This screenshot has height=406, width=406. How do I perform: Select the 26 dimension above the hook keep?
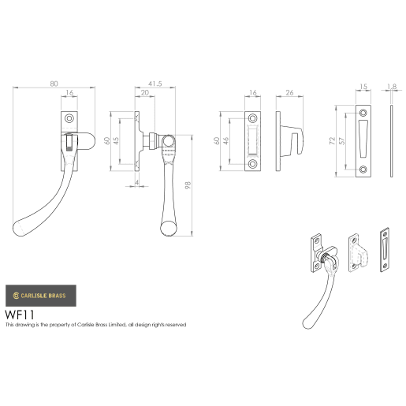pyautogui.click(x=290, y=93)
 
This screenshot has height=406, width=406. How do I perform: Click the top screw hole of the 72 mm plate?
pyautogui.click(x=363, y=111)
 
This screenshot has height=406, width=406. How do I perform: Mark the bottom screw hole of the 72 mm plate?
pyautogui.click(x=363, y=169)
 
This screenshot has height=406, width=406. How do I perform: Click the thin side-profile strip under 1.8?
pyautogui.click(x=392, y=140)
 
